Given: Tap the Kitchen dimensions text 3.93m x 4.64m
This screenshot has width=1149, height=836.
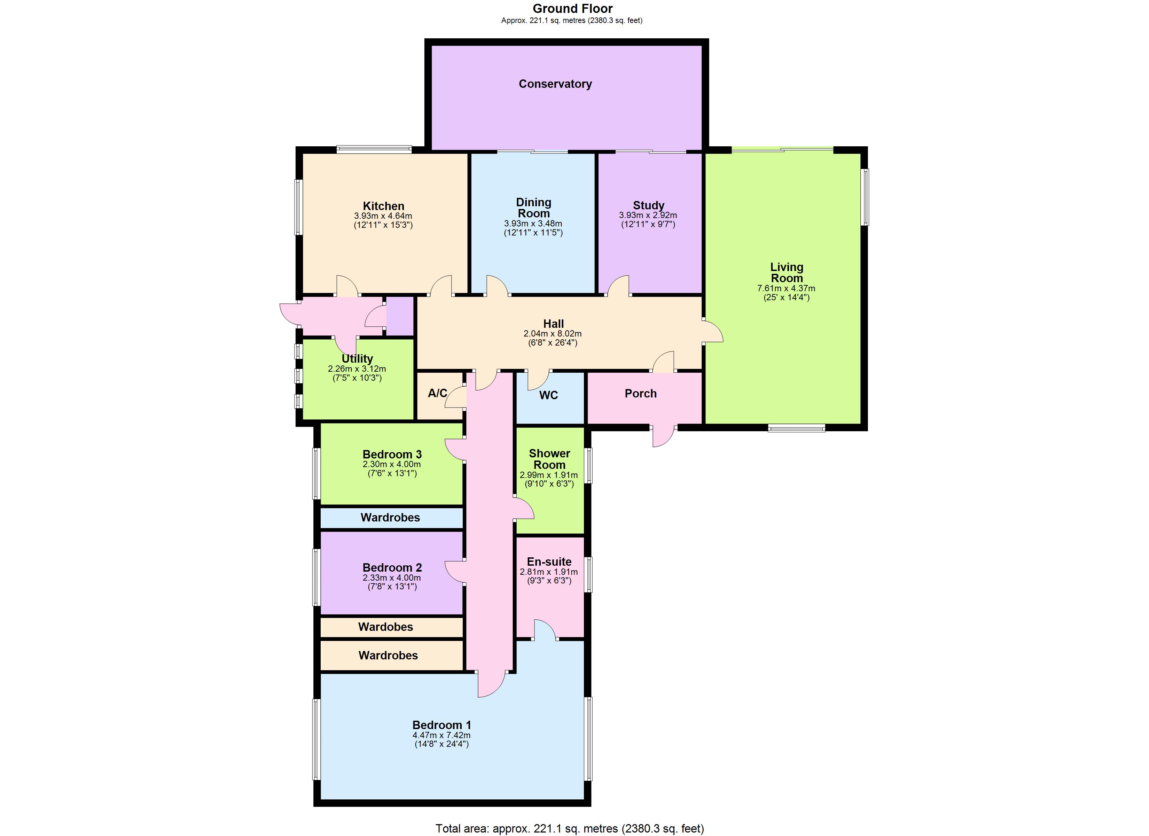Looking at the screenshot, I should coord(383,216).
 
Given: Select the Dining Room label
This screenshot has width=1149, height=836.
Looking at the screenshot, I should coord(533,208).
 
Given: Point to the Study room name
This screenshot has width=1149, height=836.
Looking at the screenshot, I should coord(648,205).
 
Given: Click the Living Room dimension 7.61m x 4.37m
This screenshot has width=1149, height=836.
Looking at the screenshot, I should coord(786,288).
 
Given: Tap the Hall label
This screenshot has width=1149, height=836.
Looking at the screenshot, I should coord(553,324).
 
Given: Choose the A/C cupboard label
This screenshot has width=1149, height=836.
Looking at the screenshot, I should coord(437,393).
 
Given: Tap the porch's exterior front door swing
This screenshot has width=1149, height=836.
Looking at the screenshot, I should coord(663,437).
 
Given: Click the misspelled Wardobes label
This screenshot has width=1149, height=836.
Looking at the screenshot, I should coord(385,627).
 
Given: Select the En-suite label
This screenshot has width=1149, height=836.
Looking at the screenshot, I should coord(549,562).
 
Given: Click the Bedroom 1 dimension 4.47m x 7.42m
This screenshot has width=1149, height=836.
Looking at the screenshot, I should coord(441,735).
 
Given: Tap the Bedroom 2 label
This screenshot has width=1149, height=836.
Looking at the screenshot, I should coord(392,568).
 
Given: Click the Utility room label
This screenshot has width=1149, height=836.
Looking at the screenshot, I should coord(357,358).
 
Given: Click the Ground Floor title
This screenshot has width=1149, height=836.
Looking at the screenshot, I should coord(572,9).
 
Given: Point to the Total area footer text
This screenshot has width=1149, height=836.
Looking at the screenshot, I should coord(569,828).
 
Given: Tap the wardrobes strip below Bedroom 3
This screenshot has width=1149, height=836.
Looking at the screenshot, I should coord(390,518).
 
